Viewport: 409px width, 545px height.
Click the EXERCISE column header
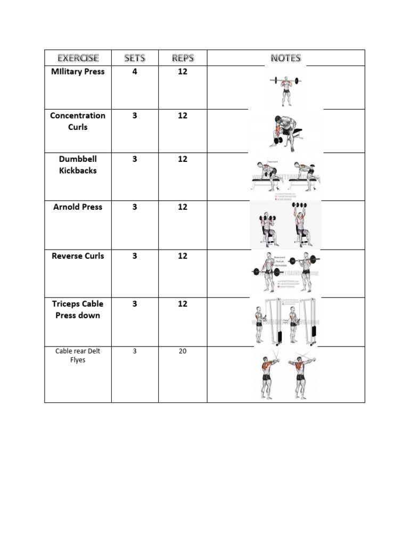click(78, 58)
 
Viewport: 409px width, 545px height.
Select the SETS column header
click(135, 58)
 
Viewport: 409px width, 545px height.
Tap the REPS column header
click(183, 58)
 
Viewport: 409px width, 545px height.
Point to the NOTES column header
click(285, 58)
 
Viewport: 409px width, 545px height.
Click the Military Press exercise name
click(78, 72)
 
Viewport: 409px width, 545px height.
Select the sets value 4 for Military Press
click(135, 72)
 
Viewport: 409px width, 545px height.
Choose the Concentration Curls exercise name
click(78, 121)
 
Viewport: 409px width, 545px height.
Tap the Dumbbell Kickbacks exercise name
click(78, 165)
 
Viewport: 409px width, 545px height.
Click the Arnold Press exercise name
click(78, 207)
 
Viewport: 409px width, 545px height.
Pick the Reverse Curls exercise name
click(78, 256)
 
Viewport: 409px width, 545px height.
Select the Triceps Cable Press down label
click(78, 310)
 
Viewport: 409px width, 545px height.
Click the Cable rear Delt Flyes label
click(78, 356)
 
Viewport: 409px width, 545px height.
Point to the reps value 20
click(183, 351)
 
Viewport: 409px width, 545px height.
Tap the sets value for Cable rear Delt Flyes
click(135, 351)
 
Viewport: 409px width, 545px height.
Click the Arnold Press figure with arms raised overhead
click(301, 224)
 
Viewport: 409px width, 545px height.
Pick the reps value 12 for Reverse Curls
click(183, 256)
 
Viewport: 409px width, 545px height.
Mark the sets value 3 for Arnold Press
click(135, 207)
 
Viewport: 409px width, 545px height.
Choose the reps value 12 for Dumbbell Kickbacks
click(183, 159)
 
